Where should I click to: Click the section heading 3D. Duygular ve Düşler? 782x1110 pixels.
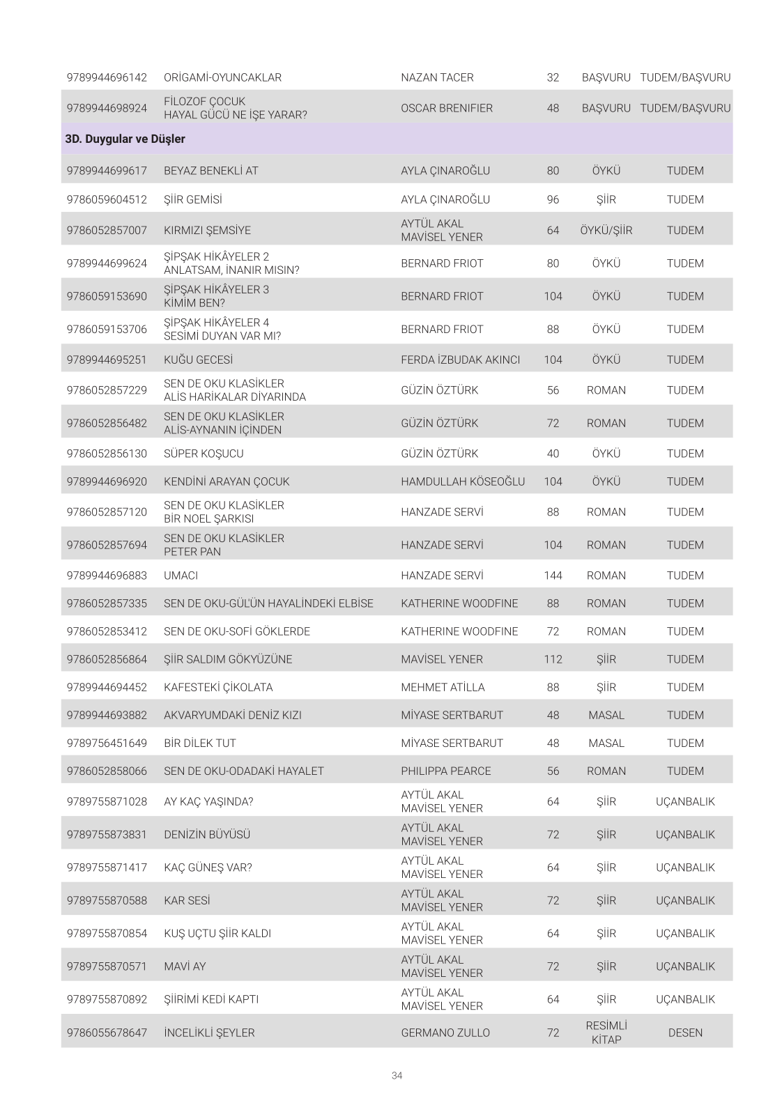(x=125, y=139)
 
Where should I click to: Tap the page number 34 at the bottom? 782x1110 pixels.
(x=397, y=1075)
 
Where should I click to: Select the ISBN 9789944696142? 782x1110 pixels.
(x=107, y=77)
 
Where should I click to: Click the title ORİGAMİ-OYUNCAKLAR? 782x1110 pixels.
(x=222, y=77)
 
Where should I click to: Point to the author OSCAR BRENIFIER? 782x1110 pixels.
(x=447, y=108)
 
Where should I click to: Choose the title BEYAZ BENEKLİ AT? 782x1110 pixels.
(x=210, y=171)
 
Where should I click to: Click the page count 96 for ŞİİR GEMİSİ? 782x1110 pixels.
(x=553, y=199)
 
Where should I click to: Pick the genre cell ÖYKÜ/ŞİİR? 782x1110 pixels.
(x=606, y=230)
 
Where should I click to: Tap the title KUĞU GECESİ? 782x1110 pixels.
(x=198, y=360)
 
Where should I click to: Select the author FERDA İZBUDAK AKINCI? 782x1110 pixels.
(x=460, y=360)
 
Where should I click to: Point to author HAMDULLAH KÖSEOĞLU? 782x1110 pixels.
(x=463, y=481)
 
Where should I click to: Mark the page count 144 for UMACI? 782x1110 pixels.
(x=553, y=576)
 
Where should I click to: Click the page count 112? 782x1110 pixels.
(x=553, y=659)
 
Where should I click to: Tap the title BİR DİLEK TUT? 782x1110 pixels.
(x=199, y=743)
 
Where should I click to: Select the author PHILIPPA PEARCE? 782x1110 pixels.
(x=445, y=771)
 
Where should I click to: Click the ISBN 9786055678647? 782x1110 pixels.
(x=107, y=1033)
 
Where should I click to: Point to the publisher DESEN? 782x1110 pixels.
(x=685, y=1033)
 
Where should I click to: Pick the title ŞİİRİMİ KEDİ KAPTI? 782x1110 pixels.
(x=210, y=999)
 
